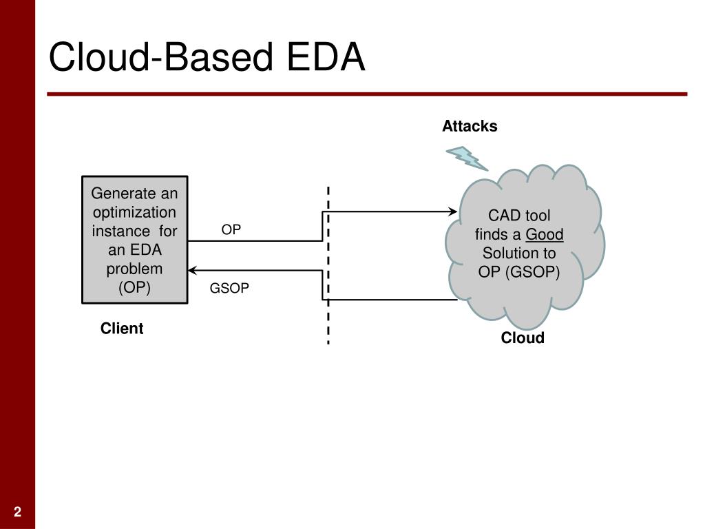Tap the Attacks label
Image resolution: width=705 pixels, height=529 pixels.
click(470, 126)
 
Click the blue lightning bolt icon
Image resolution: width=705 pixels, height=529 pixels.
click(467, 158)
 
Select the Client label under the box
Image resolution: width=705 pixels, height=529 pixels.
click(122, 329)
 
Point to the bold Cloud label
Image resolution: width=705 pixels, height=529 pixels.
click(523, 338)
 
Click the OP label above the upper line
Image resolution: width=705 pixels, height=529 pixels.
click(231, 229)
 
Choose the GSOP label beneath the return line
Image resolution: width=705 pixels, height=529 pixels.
click(229, 288)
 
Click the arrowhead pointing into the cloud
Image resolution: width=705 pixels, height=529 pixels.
click(453, 211)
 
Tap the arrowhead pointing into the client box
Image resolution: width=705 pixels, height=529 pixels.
click(193, 270)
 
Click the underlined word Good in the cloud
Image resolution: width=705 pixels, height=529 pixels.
click(545, 234)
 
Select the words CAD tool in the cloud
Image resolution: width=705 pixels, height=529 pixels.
click(519, 216)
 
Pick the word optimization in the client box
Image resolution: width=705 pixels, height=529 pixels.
click(134, 212)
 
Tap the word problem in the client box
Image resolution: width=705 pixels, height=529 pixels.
click(134, 269)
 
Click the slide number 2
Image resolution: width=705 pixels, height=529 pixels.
click(17, 512)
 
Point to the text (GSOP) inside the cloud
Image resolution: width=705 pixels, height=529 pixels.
click(533, 272)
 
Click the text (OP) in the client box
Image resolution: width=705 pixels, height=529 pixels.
click(134, 287)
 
